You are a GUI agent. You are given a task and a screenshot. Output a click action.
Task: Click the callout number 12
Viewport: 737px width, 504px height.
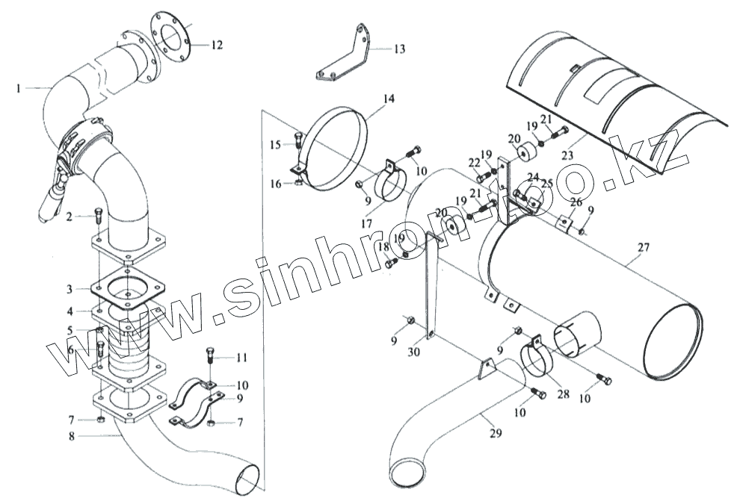tap(216, 45)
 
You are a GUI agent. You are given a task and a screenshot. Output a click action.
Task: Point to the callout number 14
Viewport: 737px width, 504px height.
tap(388, 99)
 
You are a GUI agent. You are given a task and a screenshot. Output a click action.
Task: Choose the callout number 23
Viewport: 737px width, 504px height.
tap(567, 156)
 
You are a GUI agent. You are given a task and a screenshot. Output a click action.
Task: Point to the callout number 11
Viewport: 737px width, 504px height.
tap(241, 358)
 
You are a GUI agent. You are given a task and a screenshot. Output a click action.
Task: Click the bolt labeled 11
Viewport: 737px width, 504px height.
tap(210, 355)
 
